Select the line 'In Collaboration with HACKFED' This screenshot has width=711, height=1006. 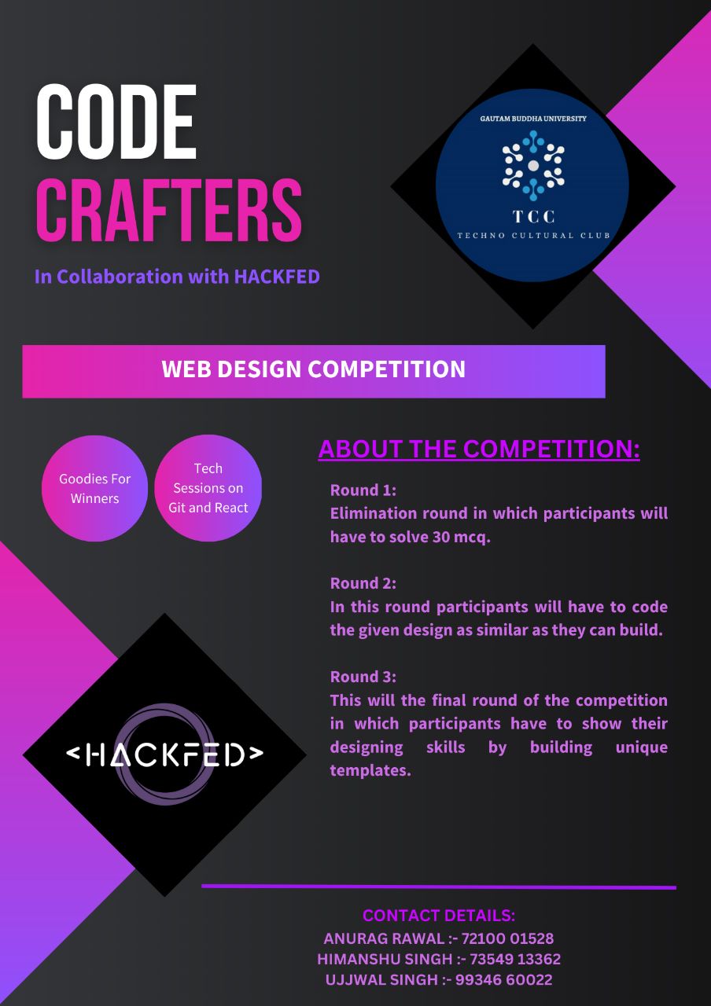tap(177, 277)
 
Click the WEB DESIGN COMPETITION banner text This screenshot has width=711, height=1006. tap(313, 369)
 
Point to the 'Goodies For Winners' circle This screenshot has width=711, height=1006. tap(94, 488)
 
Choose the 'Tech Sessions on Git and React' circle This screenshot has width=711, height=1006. tap(208, 488)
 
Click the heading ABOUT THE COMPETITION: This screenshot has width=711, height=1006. tap(479, 449)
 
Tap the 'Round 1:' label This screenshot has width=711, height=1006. tap(363, 490)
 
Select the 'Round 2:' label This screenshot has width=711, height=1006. tap(363, 583)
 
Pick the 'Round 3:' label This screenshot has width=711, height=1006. tap(363, 677)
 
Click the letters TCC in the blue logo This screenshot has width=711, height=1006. tap(532, 216)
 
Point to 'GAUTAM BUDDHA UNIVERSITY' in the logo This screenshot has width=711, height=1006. tap(532, 119)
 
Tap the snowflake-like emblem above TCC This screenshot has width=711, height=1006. tap(532, 165)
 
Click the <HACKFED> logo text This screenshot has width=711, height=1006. tap(164, 754)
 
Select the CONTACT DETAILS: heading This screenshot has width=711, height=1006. tap(439, 916)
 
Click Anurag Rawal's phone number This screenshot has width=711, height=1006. tap(507, 938)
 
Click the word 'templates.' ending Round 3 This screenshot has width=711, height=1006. tap(370, 770)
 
